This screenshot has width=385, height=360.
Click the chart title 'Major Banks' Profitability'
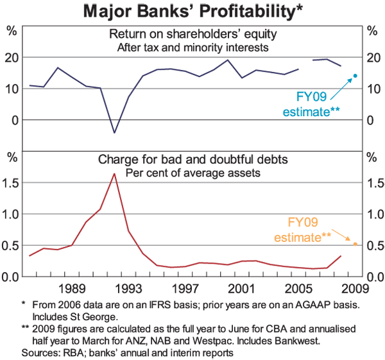[193, 11]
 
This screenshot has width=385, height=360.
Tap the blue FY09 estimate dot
[355, 76]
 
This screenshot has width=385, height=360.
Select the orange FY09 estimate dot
[355, 244]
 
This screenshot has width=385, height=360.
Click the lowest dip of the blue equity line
[114, 133]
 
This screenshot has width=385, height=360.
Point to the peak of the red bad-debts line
[114, 174]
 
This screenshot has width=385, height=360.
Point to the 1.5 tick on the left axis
[11, 183]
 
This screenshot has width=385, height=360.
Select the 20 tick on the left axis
[11, 58]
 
